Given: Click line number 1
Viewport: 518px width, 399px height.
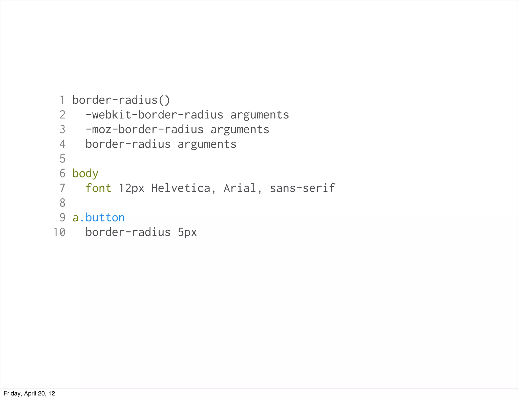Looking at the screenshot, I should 62,100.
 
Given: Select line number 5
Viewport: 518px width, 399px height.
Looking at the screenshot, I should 62,159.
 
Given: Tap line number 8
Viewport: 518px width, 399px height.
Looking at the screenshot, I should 62,203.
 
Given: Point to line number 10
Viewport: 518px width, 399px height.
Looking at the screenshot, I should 59,232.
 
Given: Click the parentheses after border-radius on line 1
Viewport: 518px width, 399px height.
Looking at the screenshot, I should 164,100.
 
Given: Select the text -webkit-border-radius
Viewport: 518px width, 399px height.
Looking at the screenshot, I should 154,115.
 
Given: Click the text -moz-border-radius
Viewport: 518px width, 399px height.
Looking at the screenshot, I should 144,129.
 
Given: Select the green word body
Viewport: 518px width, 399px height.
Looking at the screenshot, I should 85,174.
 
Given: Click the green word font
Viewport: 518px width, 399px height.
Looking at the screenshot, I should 98,188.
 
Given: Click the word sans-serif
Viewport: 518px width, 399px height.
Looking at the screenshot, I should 302,188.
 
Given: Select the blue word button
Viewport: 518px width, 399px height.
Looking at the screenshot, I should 105,217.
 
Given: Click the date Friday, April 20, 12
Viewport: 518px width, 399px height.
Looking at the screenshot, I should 29,393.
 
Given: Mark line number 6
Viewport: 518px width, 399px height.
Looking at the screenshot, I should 62,173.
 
